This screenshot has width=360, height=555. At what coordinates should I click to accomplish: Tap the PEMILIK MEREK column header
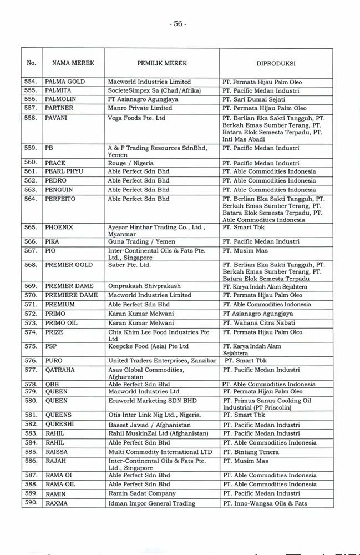tap(163, 63)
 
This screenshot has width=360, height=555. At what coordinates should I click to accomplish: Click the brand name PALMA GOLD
tap(65, 82)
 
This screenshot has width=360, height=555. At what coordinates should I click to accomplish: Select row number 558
tap(31, 118)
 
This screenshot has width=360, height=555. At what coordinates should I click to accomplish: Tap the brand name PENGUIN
tap(59, 190)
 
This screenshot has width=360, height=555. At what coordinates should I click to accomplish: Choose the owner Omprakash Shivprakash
tap(144, 286)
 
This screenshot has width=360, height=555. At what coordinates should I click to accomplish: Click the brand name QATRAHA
tap(60, 370)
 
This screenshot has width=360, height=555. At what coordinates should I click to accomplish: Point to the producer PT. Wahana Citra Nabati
tap(258, 323)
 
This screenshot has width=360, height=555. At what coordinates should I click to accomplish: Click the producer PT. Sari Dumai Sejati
tap(255, 99)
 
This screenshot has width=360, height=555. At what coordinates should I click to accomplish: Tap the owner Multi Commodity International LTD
tap(160, 452)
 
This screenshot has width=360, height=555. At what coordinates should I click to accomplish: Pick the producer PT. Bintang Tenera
tap(250, 452)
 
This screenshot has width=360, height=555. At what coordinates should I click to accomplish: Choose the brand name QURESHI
tap(60, 425)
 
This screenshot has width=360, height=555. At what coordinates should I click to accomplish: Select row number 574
tap(31, 332)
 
